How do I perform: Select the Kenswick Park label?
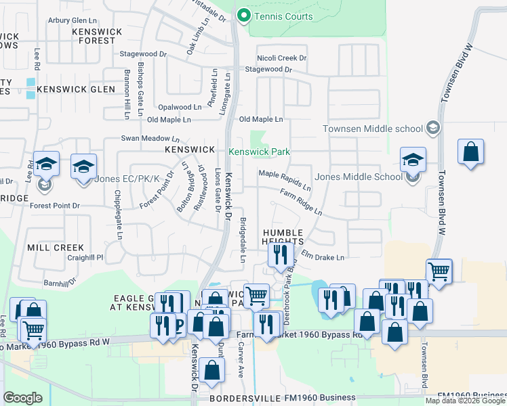pyautogui.click(x=259, y=152)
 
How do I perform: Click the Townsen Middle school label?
pyautogui.click(x=373, y=129)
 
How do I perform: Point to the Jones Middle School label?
pyautogui.click(x=359, y=177)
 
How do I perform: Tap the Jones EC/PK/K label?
pyautogui.click(x=127, y=179)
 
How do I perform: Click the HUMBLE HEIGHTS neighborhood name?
pyautogui.click(x=284, y=238)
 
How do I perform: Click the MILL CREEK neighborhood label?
pyautogui.click(x=56, y=248)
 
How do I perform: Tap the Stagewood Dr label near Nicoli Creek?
pyautogui.click(x=268, y=70)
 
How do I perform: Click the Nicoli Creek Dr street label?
pyautogui.click(x=282, y=58)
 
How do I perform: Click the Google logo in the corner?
pyautogui.click(x=23, y=397)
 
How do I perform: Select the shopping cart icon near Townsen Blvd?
pyautogui.click(x=439, y=271)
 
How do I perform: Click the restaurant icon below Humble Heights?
pyautogui.click(x=279, y=254)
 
